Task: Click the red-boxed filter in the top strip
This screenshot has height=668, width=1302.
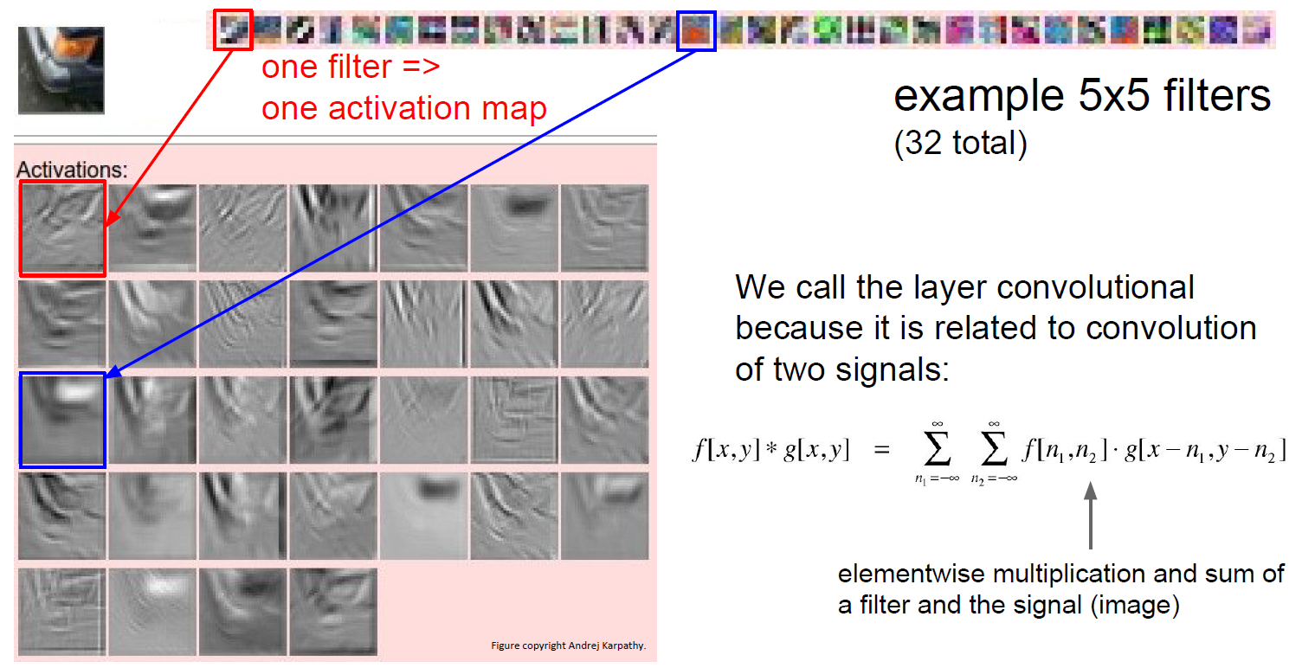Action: pos(233,29)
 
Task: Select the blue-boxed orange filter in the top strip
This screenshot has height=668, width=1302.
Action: pos(696,31)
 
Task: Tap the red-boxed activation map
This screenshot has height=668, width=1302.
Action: pos(63,228)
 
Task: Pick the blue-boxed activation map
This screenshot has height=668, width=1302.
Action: pos(63,420)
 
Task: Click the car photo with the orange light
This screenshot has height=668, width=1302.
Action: pos(61,70)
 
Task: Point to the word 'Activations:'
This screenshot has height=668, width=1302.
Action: pos(72,170)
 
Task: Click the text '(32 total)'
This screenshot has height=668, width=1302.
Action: pos(961,143)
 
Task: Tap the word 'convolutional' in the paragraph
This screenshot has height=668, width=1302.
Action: pos(1095,287)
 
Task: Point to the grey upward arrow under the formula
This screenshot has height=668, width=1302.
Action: pos(1091,515)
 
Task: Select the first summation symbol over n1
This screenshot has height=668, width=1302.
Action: pos(938,449)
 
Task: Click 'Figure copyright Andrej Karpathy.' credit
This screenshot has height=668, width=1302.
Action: pos(569,646)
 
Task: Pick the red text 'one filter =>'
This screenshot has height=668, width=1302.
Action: pos(351,67)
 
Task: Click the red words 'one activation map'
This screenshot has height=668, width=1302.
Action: pos(404,109)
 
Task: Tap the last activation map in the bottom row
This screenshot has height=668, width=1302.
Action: pos(333,613)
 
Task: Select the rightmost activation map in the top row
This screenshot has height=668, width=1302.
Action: pos(604,228)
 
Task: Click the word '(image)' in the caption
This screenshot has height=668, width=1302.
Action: pos(1135,605)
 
